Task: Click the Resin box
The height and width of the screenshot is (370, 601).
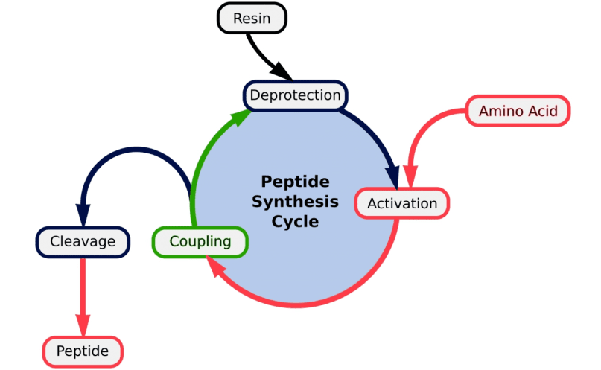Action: click(x=252, y=18)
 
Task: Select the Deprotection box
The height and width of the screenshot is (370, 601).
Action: click(x=295, y=95)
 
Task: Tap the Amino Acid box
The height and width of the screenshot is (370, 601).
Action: click(x=518, y=111)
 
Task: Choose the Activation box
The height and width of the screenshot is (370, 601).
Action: click(x=402, y=203)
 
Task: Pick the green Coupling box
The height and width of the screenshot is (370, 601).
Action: click(x=200, y=242)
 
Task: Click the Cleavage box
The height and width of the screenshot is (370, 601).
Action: click(x=83, y=242)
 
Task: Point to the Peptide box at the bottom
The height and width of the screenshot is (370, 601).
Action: click(x=83, y=351)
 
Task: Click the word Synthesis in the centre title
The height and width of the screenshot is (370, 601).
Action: click(x=295, y=202)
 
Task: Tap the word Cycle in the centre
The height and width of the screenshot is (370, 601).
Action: click(x=295, y=221)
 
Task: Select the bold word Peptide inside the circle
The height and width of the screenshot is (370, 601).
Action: click(x=295, y=182)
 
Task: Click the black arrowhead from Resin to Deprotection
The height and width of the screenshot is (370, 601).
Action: click(x=281, y=71)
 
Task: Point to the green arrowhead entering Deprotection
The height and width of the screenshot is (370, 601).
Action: click(x=240, y=117)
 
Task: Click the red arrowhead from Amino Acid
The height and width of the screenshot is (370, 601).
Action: click(x=410, y=176)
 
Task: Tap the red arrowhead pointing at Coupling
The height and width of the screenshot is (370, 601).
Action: click(x=214, y=266)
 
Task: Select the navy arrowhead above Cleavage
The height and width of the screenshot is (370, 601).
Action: click(x=83, y=216)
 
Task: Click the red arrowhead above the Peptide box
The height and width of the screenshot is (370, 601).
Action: click(x=83, y=325)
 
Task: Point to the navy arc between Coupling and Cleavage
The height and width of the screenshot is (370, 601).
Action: click(x=136, y=150)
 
